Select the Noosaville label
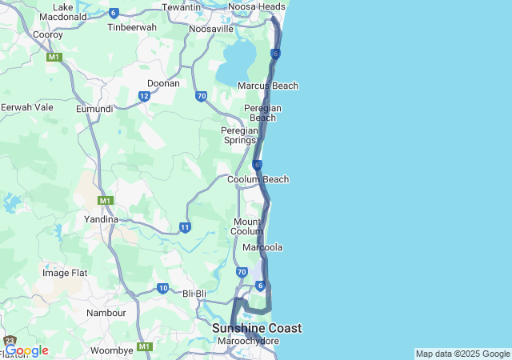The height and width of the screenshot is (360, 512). coord(211,29)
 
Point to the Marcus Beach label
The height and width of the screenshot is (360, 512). coord(267,86)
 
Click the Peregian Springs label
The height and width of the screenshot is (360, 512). coord(239,135)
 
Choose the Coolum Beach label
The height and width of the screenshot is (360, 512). coord(258,179)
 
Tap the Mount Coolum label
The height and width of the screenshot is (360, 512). coord(248,226)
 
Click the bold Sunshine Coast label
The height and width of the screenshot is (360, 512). coord(257,328)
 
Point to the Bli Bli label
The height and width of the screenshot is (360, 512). coord(195,294)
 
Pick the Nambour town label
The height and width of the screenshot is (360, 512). coord(106,313)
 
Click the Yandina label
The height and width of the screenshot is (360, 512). coord(101,218)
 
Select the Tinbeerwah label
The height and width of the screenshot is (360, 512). coord(132,26)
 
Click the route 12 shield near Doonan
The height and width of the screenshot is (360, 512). coord(144,96)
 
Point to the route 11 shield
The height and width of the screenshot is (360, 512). coord(185,227)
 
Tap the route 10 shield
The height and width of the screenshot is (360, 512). coord(162,288)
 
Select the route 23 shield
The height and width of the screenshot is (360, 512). coord(10,342)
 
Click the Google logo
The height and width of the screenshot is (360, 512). coord(26,350)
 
